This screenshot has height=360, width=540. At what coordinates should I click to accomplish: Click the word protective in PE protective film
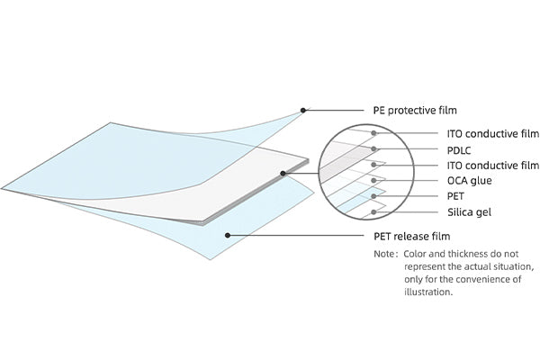coord(418,111)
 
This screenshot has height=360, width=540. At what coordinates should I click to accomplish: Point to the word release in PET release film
coord(418,237)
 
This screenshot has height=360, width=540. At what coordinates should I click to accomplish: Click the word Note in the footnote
coord(384,255)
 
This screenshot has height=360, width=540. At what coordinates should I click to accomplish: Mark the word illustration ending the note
coord(427,292)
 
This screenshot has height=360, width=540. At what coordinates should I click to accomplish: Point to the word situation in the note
coord(512,267)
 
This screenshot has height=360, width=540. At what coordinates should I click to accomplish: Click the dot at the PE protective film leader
coord(304,111)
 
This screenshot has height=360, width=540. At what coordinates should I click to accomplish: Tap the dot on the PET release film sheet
coord(229,236)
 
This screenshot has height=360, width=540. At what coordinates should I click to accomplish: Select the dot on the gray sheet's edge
coord(283,173)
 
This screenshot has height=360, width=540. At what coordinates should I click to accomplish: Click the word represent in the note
coord(426,267)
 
